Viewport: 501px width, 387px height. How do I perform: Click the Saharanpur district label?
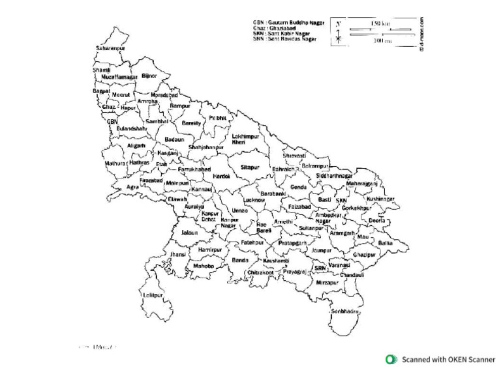(110, 48)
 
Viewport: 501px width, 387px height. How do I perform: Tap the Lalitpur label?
(152, 295)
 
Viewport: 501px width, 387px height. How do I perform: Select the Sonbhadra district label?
(345, 311)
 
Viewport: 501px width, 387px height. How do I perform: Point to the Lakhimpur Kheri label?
(245, 139)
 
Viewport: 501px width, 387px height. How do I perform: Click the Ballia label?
(386, 242)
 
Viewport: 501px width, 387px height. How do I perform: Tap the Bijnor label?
(149, 76)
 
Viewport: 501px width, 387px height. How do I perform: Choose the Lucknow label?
(253, 200)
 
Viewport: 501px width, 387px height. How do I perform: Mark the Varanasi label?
(340, 265)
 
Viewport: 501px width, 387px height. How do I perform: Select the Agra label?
(132, 186)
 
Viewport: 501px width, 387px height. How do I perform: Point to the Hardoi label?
(222, 176)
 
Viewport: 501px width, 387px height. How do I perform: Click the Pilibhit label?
(217, 118)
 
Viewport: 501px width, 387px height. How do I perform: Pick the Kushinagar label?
(380, 199)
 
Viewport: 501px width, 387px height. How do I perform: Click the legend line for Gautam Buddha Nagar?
(284, 22)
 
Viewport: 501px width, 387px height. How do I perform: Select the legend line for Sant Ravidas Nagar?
(284, 39)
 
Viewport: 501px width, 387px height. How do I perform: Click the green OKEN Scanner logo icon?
(391, 359)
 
